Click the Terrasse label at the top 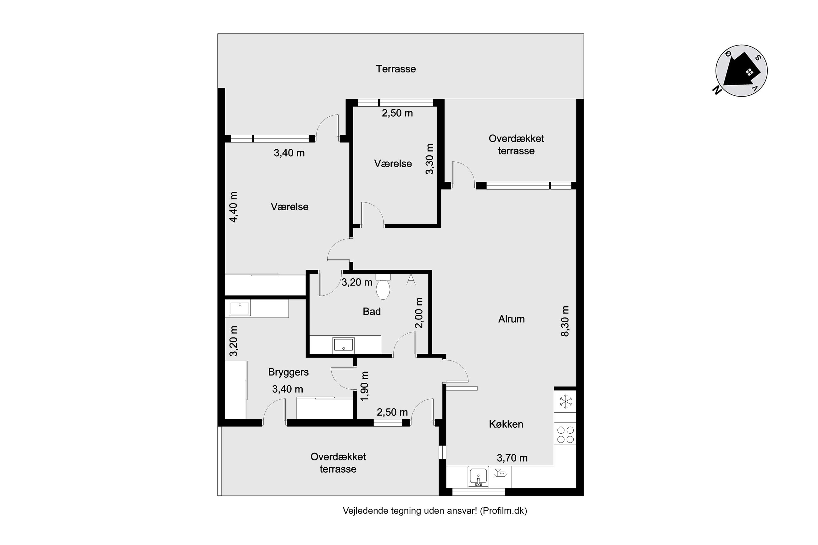(395, 69)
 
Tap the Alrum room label (511, 319)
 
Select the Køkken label (506, 424)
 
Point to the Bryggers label (288, 372)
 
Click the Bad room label (372, 311)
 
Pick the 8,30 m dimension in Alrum (565, 321)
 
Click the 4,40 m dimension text (233, 207)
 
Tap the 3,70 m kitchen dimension (512, 458)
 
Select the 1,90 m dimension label (364, 386)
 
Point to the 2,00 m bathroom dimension (419, 313)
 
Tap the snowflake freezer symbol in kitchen (566, 402)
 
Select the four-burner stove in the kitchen (565, 434)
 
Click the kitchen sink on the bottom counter (478, 477)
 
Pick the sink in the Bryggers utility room (239, 308)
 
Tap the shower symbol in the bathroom (411, 280)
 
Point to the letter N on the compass (716, 90)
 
